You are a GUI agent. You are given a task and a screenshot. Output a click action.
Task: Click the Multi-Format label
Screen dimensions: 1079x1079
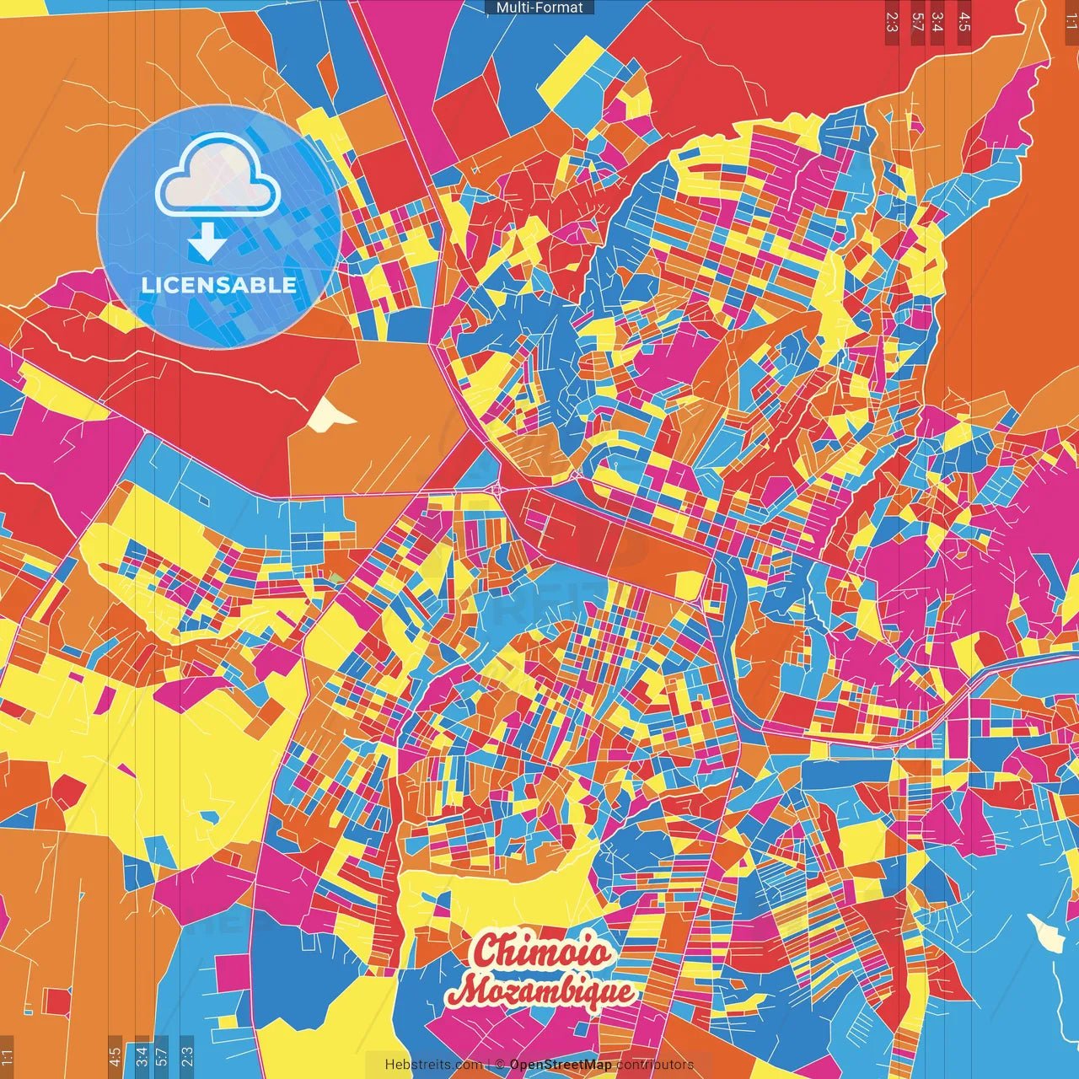tap(539, 8)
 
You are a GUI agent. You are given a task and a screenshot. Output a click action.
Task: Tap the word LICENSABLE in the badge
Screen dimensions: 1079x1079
tap(219, 285)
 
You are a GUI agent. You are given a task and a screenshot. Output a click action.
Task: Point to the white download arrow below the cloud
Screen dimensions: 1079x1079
tap(207, 242)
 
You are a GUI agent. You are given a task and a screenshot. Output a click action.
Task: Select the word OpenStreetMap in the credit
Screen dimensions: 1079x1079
tap(561, 1065)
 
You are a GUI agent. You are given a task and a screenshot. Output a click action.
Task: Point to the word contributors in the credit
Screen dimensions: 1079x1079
tap(655, 1065)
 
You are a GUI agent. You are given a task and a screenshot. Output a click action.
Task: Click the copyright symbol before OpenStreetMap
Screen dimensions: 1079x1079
tap(499, 1065)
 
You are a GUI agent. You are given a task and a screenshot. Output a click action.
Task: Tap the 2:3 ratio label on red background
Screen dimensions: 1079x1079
tap(892, 22)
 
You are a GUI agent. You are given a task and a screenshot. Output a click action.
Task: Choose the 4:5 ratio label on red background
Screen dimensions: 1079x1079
tap(964, 22)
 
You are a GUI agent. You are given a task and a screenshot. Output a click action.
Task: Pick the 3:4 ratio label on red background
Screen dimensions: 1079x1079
tap(937, 22)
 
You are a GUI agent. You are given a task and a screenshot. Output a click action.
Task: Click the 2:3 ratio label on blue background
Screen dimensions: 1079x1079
tap(187, 1055)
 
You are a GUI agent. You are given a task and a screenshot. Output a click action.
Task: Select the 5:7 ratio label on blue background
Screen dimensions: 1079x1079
tap(162, 1055)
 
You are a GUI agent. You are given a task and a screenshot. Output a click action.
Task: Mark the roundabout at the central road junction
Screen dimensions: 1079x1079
tap(497, 488)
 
